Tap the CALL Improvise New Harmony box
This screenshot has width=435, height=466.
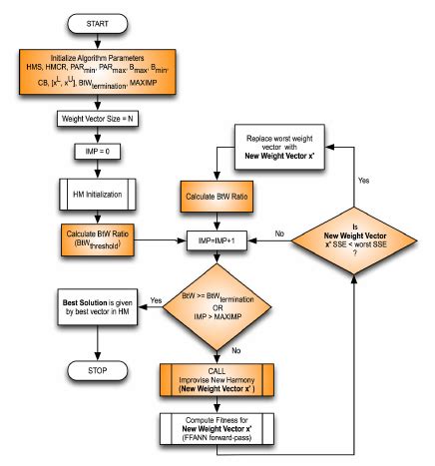tap(218, 378)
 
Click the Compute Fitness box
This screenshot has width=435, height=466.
tap(218, 432)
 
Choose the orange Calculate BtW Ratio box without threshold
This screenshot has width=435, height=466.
tap(218, 197)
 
